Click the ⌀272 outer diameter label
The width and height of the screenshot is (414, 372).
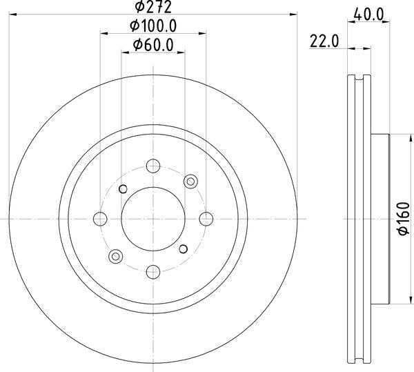153,8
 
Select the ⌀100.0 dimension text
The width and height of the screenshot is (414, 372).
152,26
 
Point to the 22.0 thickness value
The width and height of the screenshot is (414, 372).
324,41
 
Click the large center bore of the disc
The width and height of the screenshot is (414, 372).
153,219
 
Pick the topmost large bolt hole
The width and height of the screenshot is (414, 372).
153,166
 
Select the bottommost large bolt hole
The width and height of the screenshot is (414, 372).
153,272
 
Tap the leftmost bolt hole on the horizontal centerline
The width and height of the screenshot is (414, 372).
100,219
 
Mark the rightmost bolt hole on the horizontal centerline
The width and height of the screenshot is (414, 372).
206,219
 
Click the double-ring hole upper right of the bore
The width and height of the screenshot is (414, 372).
191,181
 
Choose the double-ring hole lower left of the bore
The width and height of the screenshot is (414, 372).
115,257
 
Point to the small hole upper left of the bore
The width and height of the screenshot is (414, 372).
124,189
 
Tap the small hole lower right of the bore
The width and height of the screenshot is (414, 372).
183,248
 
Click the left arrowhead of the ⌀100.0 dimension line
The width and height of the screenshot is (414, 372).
103,32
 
